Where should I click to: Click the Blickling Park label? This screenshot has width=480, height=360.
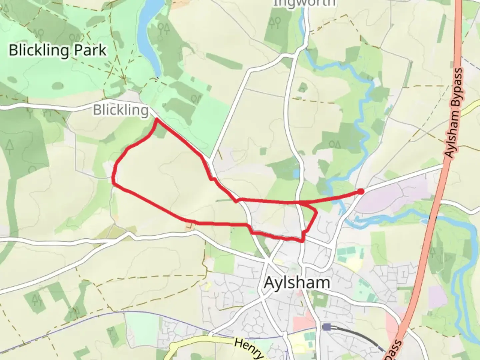57,50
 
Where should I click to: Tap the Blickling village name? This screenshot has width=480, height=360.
121,110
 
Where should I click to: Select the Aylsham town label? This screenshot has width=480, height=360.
297,283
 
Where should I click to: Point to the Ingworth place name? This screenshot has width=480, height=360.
304,3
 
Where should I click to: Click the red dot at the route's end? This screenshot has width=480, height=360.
361,191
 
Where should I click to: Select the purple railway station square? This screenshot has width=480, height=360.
327,327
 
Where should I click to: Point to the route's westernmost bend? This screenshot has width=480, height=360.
113,182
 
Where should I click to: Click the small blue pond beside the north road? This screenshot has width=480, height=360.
296,174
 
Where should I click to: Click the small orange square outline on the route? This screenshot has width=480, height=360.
190,226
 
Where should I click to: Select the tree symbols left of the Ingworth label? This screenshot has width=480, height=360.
275,22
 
